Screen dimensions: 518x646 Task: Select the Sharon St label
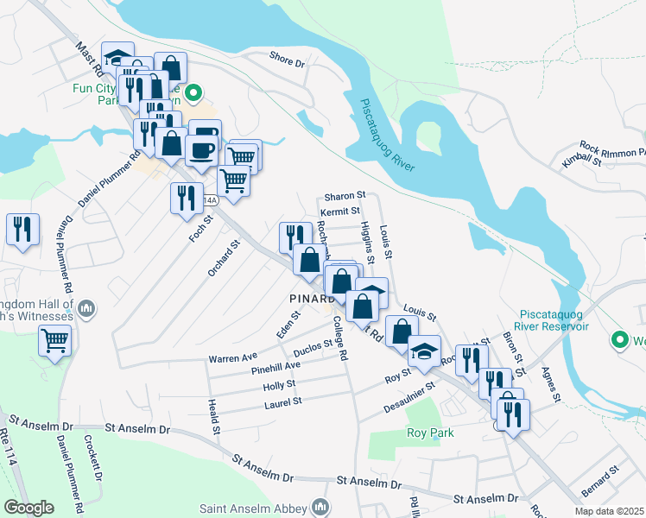[x=345, y=196]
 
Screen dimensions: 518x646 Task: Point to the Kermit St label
[x=339, y=212]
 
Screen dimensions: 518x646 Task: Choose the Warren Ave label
[x=232, y=357]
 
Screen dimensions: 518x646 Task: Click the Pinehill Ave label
[x=275, y=368]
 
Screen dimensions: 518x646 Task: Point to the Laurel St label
[x=283, y=401]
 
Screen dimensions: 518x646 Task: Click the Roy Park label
[x=430, y=432]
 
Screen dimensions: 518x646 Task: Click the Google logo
[x=28, y=508]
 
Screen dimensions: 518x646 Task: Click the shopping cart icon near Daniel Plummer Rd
[x=54, y=342]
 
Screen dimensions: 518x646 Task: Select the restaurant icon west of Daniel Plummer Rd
[x=22, y=229]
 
